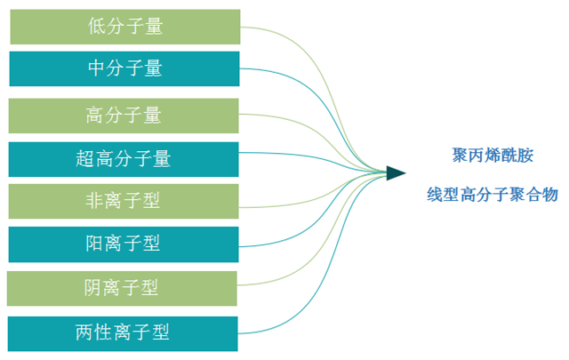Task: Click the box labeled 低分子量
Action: pos(124,27)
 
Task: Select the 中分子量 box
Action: pos(124,68)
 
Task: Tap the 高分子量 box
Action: pos(124,116)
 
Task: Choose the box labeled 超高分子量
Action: pos(124,159)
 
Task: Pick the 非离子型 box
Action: pos(124,201)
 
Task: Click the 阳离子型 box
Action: pos(124,244)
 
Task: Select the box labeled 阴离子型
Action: pos(124,288)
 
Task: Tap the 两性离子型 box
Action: pos(124,333)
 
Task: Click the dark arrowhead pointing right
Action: pos(395,172)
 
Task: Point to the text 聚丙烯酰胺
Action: pos(493,155)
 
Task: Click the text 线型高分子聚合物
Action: pos(493,195)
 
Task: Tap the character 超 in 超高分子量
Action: pos(85,159)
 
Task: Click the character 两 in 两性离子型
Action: pos(85,333)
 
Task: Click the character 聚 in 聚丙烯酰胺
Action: pos(460,155)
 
